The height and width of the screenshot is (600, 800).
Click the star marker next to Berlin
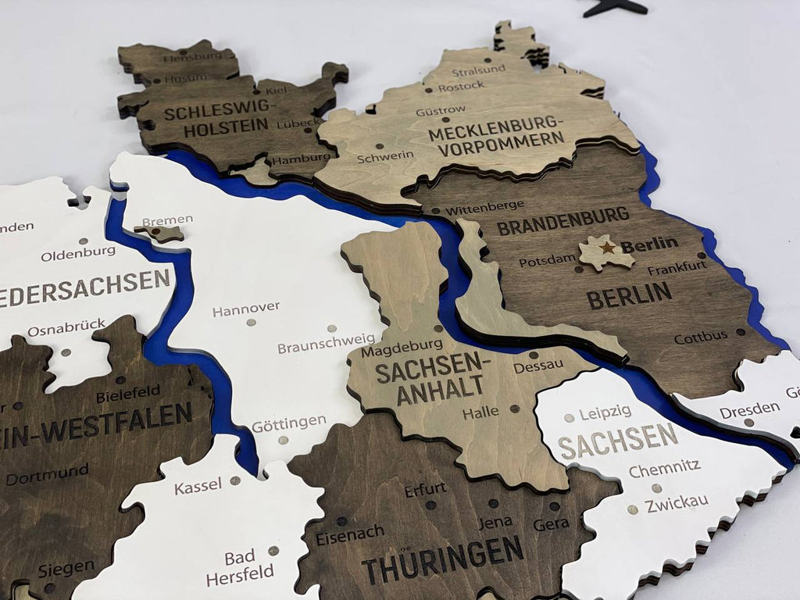(607, 248)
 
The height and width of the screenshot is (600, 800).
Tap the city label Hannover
(245, 309)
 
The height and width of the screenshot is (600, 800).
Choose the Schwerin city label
(385, 157)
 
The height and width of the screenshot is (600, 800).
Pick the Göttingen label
(288, 423)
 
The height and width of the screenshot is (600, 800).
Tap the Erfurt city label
(425, 490)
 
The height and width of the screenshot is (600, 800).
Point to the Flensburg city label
(186, 58)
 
